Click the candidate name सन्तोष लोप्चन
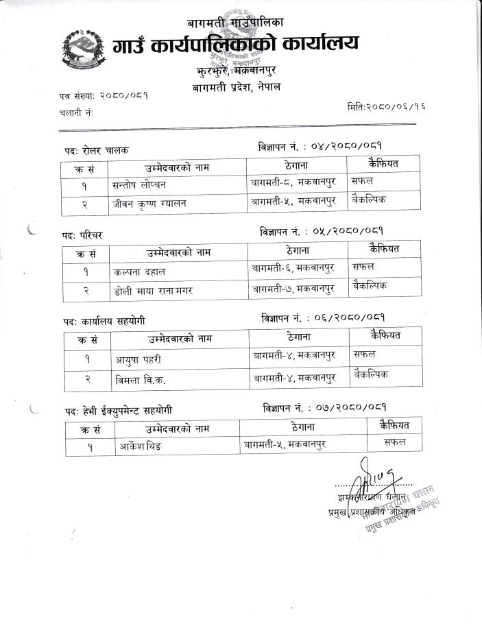(x=139, y=184)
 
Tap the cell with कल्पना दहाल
(x=140, y=272)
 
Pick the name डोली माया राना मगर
(x=153, y=291)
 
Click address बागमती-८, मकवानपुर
(x=294, y=183)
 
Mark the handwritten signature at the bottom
(x=363, y=473)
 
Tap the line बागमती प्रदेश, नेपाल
(x=237, y=87)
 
